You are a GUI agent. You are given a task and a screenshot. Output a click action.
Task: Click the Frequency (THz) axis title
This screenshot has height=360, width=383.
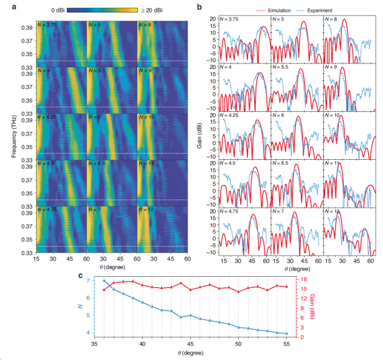pos(12,133)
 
